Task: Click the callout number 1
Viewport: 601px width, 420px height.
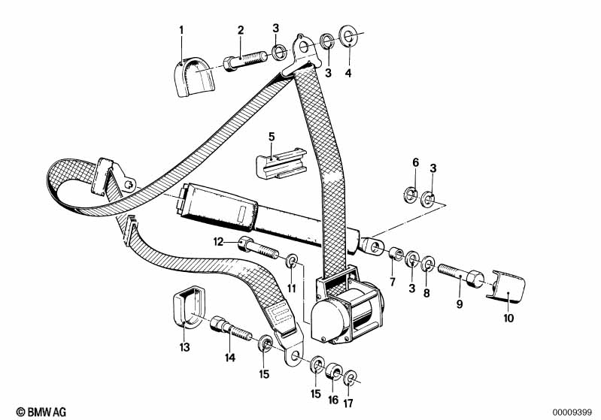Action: click(181, 30)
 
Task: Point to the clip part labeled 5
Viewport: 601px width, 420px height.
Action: click(281, 165)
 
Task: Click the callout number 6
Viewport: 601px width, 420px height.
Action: click(416, 163)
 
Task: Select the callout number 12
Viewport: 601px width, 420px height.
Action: click(218, 242)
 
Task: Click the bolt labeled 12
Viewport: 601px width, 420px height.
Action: click(259, 249)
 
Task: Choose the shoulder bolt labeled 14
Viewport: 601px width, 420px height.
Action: click(231, 328)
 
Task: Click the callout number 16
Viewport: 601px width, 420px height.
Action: click(333, 399)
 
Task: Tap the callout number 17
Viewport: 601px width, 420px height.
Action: click(349, 403)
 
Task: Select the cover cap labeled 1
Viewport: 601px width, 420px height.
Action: click(196, 77)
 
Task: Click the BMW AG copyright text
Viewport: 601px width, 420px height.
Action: click(41, 412)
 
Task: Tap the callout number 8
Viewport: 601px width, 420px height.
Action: click(426, 293)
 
